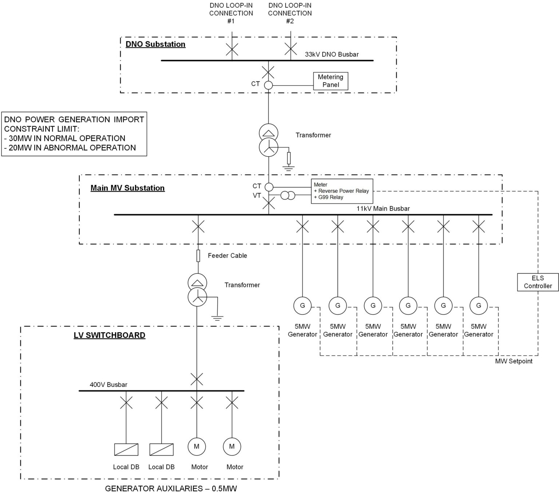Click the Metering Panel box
(x=330, y=81)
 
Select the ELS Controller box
(x=538, y=282)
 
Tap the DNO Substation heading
(x=155, y=44)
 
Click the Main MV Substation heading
(x=127, y=188)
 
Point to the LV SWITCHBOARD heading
(x=110, y=335)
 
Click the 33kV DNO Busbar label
(x=332, y=55)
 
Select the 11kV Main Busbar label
(x=383, y=209)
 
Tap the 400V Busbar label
(x=108, y=385)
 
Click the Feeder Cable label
(x=227, y=256)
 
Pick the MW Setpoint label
(x=514, y=361)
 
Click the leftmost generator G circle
(x=302, y=306)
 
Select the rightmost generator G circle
(x=478, y=306)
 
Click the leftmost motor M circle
(x=197, y=446)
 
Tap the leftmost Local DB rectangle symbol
(x=126, y=450)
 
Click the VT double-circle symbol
(x=288, y=196)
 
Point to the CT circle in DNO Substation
(x=268, y=85)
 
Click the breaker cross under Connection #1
(x=232, y=49)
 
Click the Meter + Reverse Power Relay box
(x=342, y=191)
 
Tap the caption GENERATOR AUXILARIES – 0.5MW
(x=171, y=489)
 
